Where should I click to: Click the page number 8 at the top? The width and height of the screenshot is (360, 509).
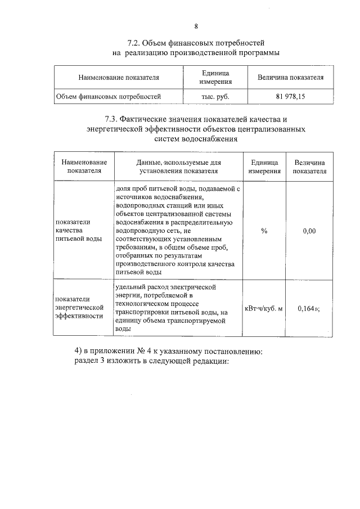click(196, 26)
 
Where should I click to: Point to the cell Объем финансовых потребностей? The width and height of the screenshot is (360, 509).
click(108, 97)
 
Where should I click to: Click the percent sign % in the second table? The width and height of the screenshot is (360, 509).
click(264, 230)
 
